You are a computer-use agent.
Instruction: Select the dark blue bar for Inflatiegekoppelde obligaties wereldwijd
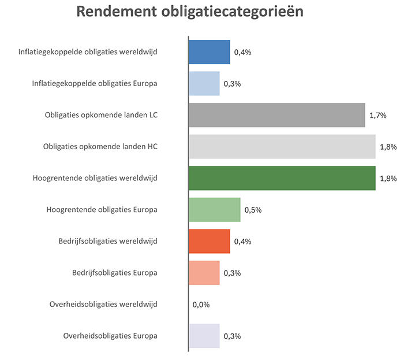point(209,52)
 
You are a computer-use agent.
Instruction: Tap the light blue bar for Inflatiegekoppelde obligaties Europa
point(204,83)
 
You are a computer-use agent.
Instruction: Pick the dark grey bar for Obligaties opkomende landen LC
point(276,115)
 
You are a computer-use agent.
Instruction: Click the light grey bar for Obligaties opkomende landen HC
point(282,147)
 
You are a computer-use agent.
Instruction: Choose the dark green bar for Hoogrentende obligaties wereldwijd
point(282,178)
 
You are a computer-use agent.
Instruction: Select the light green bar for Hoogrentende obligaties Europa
point(214,210)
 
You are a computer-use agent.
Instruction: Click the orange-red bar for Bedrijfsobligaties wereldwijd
point(209,241)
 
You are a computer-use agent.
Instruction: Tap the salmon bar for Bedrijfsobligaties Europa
point(204,273)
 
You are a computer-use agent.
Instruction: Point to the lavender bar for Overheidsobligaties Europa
point(204,336)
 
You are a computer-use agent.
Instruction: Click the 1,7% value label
point(377,116)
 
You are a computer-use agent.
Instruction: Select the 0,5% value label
point(253,210)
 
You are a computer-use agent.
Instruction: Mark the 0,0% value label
point(201,305)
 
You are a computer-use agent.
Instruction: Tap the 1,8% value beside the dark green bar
point(388,179)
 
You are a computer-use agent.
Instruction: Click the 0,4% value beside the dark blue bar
point(242,53)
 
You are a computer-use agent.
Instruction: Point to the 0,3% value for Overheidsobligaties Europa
point(232,336)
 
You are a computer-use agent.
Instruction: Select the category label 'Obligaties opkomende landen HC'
point(100,147)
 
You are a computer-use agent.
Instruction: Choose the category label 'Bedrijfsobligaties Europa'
point(114,273)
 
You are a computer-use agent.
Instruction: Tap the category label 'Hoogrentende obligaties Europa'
point(102,210)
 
